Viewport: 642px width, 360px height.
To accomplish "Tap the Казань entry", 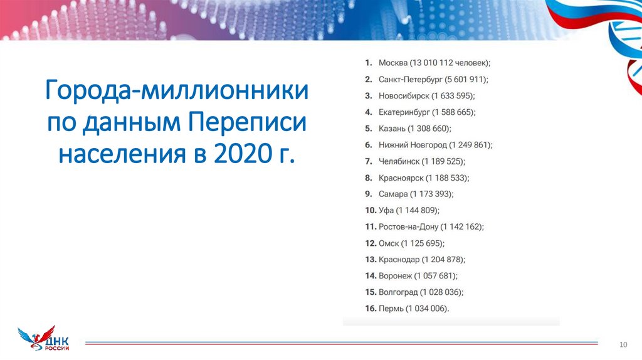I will [392, 129].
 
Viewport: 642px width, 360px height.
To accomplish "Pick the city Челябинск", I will [399, 161].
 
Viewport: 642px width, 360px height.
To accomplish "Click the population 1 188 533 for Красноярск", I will [448, 177].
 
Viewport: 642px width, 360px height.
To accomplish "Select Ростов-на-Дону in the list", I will [408, 226].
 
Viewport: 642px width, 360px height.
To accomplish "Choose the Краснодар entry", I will [399, 259].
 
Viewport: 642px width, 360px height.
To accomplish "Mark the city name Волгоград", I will [398, 292].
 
